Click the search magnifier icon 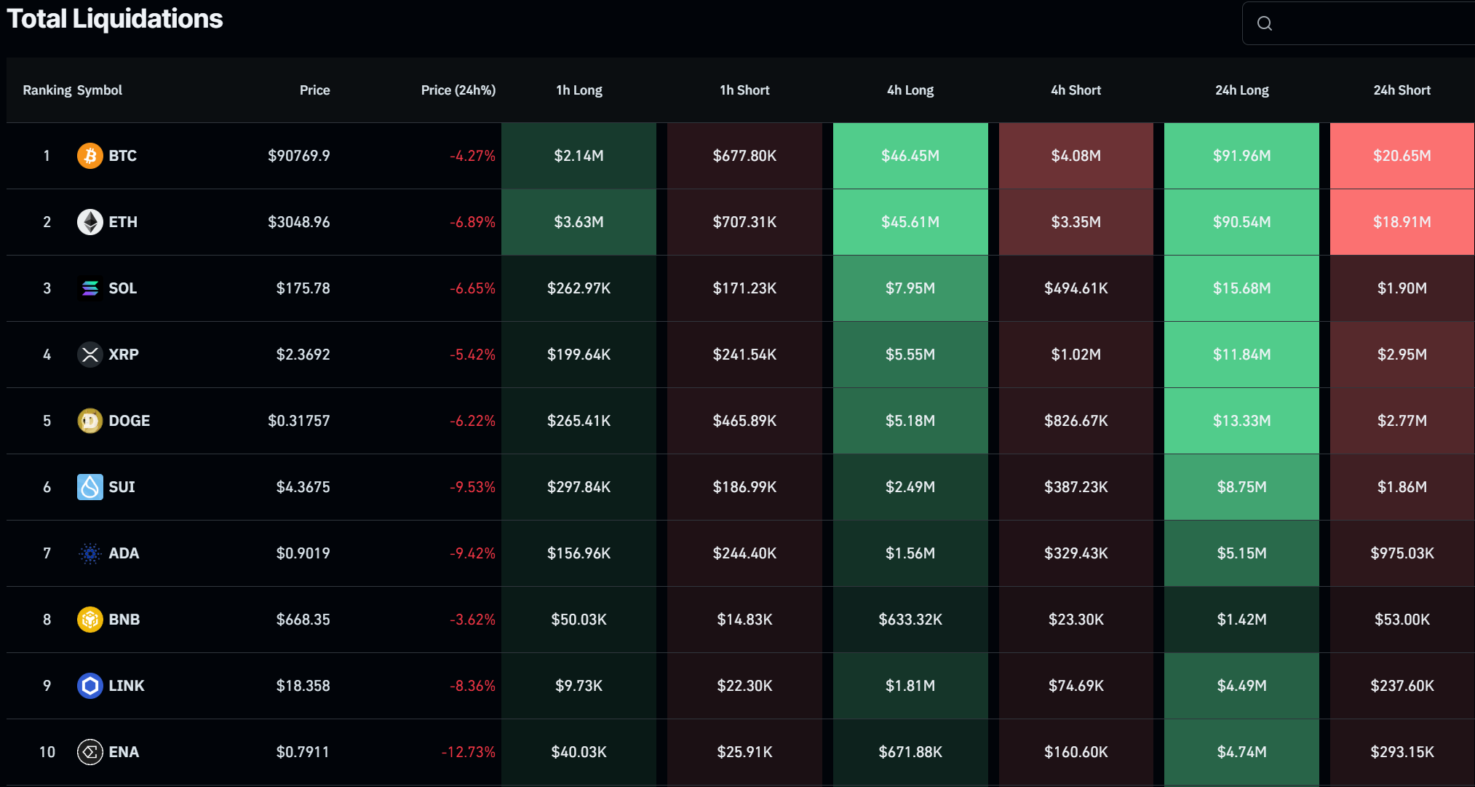coord(1265,23)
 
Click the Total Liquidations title coord(115,19)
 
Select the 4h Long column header coord(910,90)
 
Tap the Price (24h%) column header coord(458,90)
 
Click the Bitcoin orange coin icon coord(90,156)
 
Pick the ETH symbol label coord(123,222)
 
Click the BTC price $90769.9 coord(298,156)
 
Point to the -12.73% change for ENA coord(468,752)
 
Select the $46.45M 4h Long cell coord(910,156)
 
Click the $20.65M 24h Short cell coord(1402,156)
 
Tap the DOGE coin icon coord(90,421)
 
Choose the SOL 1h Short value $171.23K coord(744,288)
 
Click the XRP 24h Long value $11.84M coord(1241,355)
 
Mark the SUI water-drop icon coord(90,487)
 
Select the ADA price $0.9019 coord(303,553)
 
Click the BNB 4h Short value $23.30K coord(1076,620)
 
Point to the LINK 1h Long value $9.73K coord(579,686)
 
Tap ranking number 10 coord(47,752)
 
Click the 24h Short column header coord(1402,90)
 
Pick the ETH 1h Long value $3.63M coord(579,222)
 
